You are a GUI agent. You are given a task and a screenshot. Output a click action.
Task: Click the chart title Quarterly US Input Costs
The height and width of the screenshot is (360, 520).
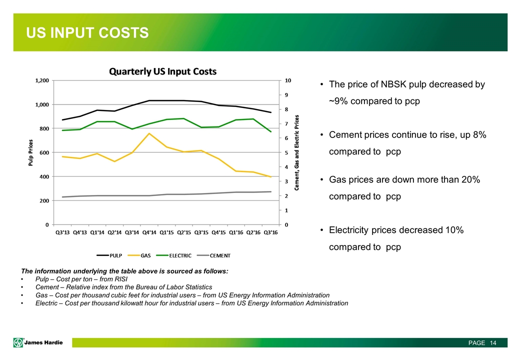[163, 71]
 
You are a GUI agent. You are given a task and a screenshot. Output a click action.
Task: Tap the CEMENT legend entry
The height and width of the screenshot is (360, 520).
[219, 255]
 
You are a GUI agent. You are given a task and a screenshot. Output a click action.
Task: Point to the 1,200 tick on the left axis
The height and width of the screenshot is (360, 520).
[41, 80]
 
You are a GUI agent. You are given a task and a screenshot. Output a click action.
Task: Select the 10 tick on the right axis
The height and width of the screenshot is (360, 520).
[288, 80]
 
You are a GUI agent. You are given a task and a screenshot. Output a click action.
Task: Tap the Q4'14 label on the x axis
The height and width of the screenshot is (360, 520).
[149, 231]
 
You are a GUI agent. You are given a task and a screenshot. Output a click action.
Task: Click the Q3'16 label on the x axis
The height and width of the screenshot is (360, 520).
[270, 231]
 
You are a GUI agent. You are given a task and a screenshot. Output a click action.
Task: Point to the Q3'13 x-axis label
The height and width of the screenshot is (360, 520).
[62, 231]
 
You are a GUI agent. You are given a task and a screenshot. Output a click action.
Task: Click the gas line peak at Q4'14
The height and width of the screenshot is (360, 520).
[149, 133]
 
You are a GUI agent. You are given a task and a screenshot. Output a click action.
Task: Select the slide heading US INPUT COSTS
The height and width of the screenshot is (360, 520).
[88, 33]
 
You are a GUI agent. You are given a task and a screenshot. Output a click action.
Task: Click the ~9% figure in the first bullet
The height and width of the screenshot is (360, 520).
[339, 101]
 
